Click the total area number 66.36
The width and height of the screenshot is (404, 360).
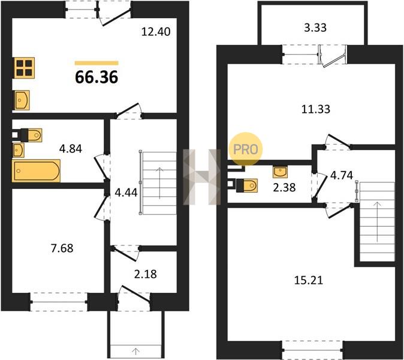pos(97,77)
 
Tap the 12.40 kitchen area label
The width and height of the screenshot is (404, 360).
pos(156,32)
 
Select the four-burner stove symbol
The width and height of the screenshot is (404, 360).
pos(23,67)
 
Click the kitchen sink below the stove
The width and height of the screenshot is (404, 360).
pos(22,100)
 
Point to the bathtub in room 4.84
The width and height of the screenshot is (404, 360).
pos(36,170)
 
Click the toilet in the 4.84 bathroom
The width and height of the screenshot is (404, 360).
pos(31,135)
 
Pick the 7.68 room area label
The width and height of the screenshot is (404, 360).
pos(62,248)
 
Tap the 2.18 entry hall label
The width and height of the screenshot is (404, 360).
pos(145,274)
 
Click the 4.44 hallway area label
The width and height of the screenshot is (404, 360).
pos(126,193)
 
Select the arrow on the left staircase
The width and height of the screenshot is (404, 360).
pos(160,183)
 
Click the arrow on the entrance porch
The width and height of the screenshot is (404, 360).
pos(135,351)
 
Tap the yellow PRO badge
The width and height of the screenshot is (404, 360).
pos(246,149)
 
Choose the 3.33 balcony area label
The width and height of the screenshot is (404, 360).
pos(315,28)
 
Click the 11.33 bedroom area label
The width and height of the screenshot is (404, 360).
pos(316,109)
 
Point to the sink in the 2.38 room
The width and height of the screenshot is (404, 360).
pos(280,172)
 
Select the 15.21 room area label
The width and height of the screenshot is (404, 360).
pos(309,280)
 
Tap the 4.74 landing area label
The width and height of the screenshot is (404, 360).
pos(342,175)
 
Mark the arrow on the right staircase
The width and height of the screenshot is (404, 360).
pos(378,222)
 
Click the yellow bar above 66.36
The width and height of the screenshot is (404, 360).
pos(97,63)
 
